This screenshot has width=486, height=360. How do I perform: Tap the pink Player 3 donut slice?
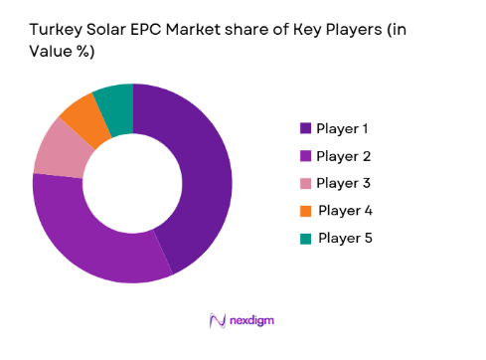click(57, 149)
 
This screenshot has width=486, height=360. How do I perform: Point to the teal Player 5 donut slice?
click(114, 100)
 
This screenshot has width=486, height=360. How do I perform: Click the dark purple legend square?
click(306, 128)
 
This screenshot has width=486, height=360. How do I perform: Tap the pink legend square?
click(306, 182)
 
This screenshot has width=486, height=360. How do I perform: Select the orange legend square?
click(306, 210)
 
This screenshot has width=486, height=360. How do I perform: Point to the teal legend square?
click(306, 238)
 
